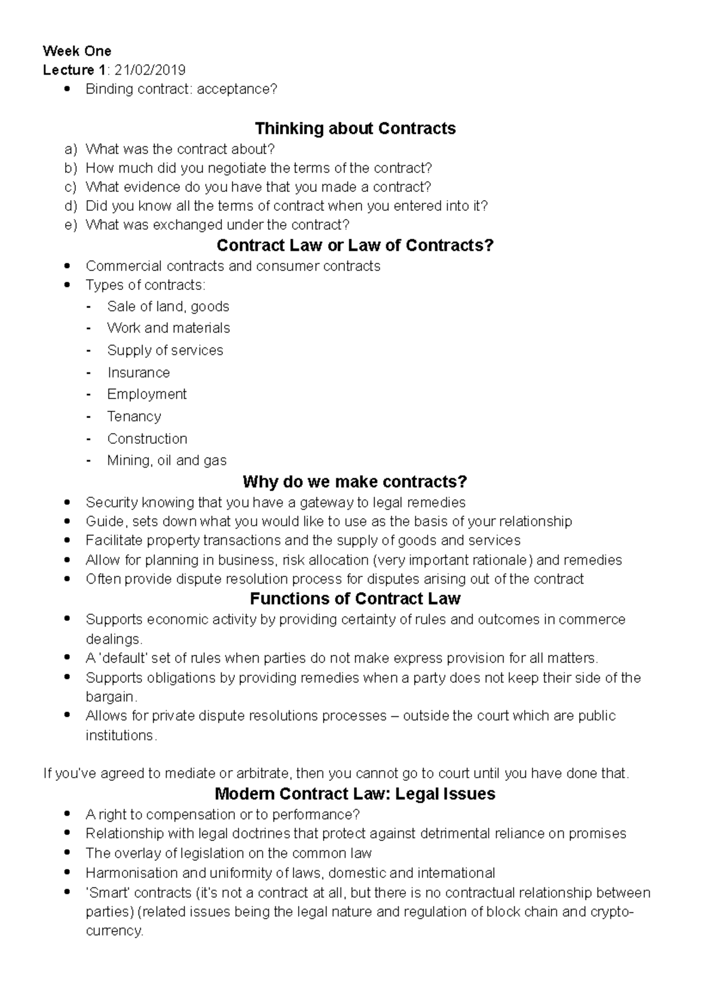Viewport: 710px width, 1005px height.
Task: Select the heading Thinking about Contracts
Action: point(355,128)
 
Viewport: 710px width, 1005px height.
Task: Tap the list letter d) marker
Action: point(71,206)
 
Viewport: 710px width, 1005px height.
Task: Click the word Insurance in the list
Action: point(138,372)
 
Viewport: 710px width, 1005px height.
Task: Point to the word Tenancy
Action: point(134,416)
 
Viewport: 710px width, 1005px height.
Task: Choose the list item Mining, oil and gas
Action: point(167,460)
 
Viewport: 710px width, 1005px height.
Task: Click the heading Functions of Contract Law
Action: point(355,598)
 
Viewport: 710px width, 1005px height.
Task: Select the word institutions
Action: point(121,736)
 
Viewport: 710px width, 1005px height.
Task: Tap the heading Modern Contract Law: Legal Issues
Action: point(355,794)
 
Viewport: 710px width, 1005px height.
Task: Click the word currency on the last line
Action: point(114,930)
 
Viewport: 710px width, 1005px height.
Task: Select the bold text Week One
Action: point(77,51)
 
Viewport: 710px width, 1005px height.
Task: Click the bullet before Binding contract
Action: point(70,89)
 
